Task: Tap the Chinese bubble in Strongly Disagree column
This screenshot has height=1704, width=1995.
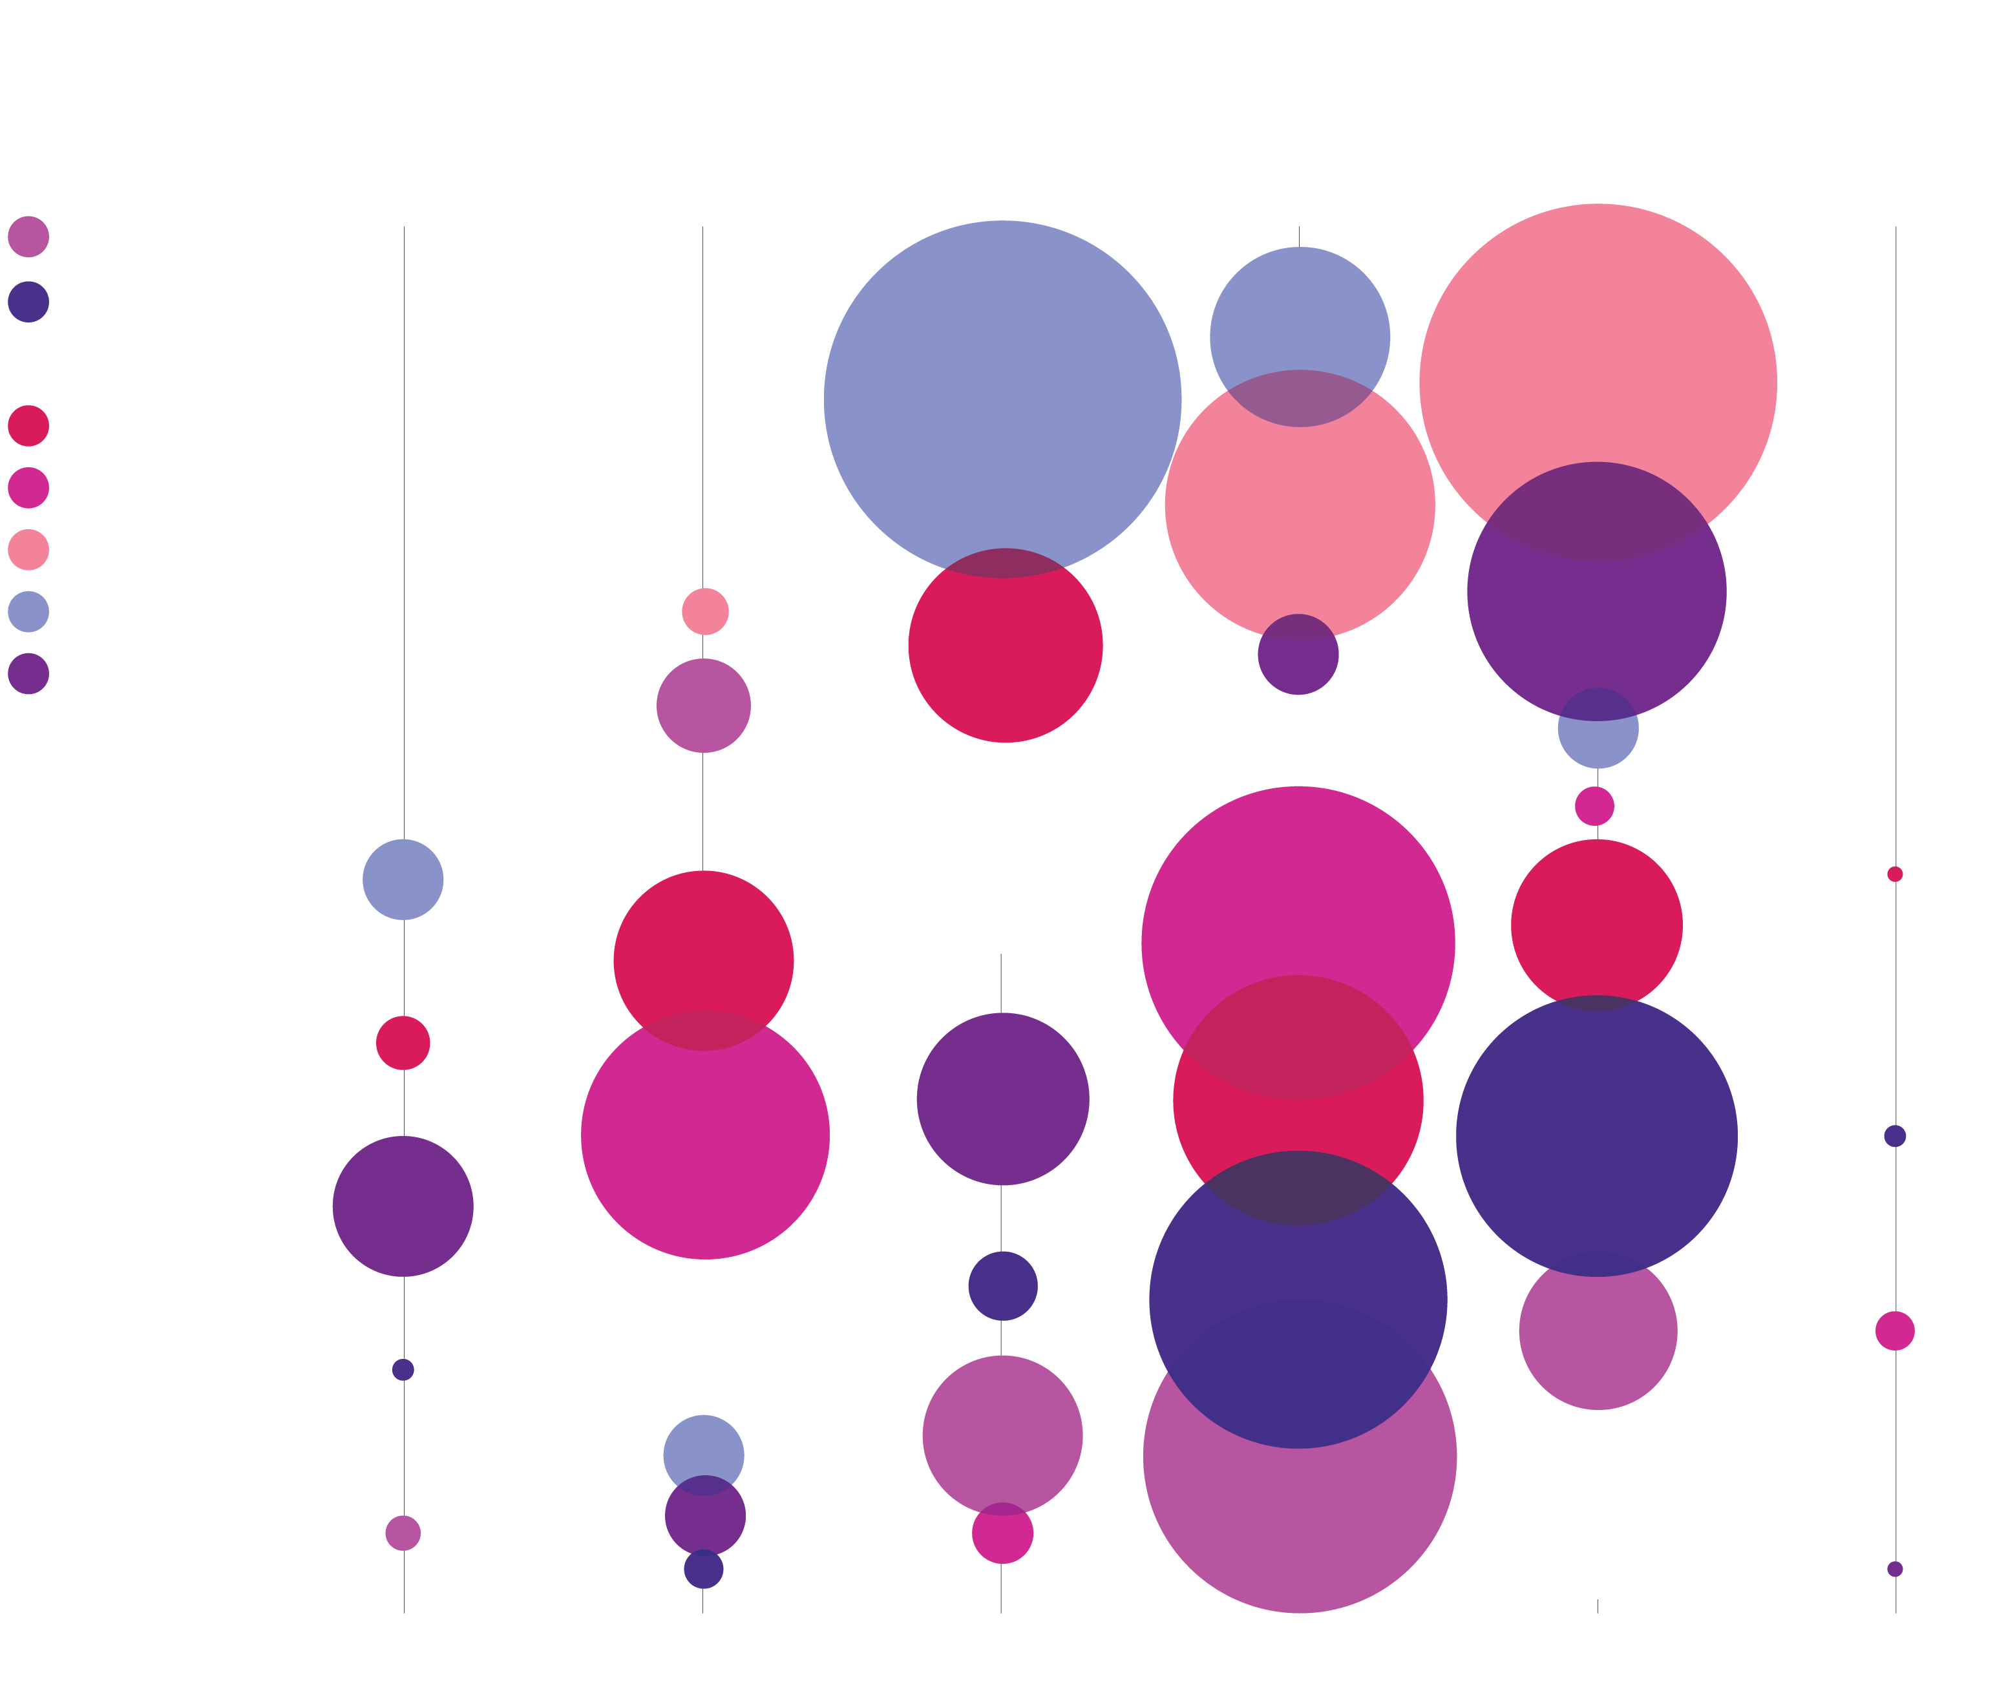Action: coord(403,879)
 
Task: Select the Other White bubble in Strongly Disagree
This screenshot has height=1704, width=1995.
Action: coord(403,1042)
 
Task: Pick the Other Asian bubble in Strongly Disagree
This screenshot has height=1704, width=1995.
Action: coord(403,1206)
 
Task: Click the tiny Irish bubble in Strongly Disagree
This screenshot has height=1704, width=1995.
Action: coord(403,1369)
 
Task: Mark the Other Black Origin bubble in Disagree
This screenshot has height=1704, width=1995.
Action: coord(705,611)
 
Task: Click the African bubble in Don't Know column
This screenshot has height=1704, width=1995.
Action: coord(1894,1331)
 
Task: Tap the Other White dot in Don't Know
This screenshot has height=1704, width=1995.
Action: coord(1894,874)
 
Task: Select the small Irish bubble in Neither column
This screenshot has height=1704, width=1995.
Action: coord(1002,1285)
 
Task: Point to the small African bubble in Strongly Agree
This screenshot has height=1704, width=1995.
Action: coord(1594,806)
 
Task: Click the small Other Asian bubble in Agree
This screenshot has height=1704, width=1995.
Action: coord(1298,654)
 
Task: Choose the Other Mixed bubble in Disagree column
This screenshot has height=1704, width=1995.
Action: coord(704,705)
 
